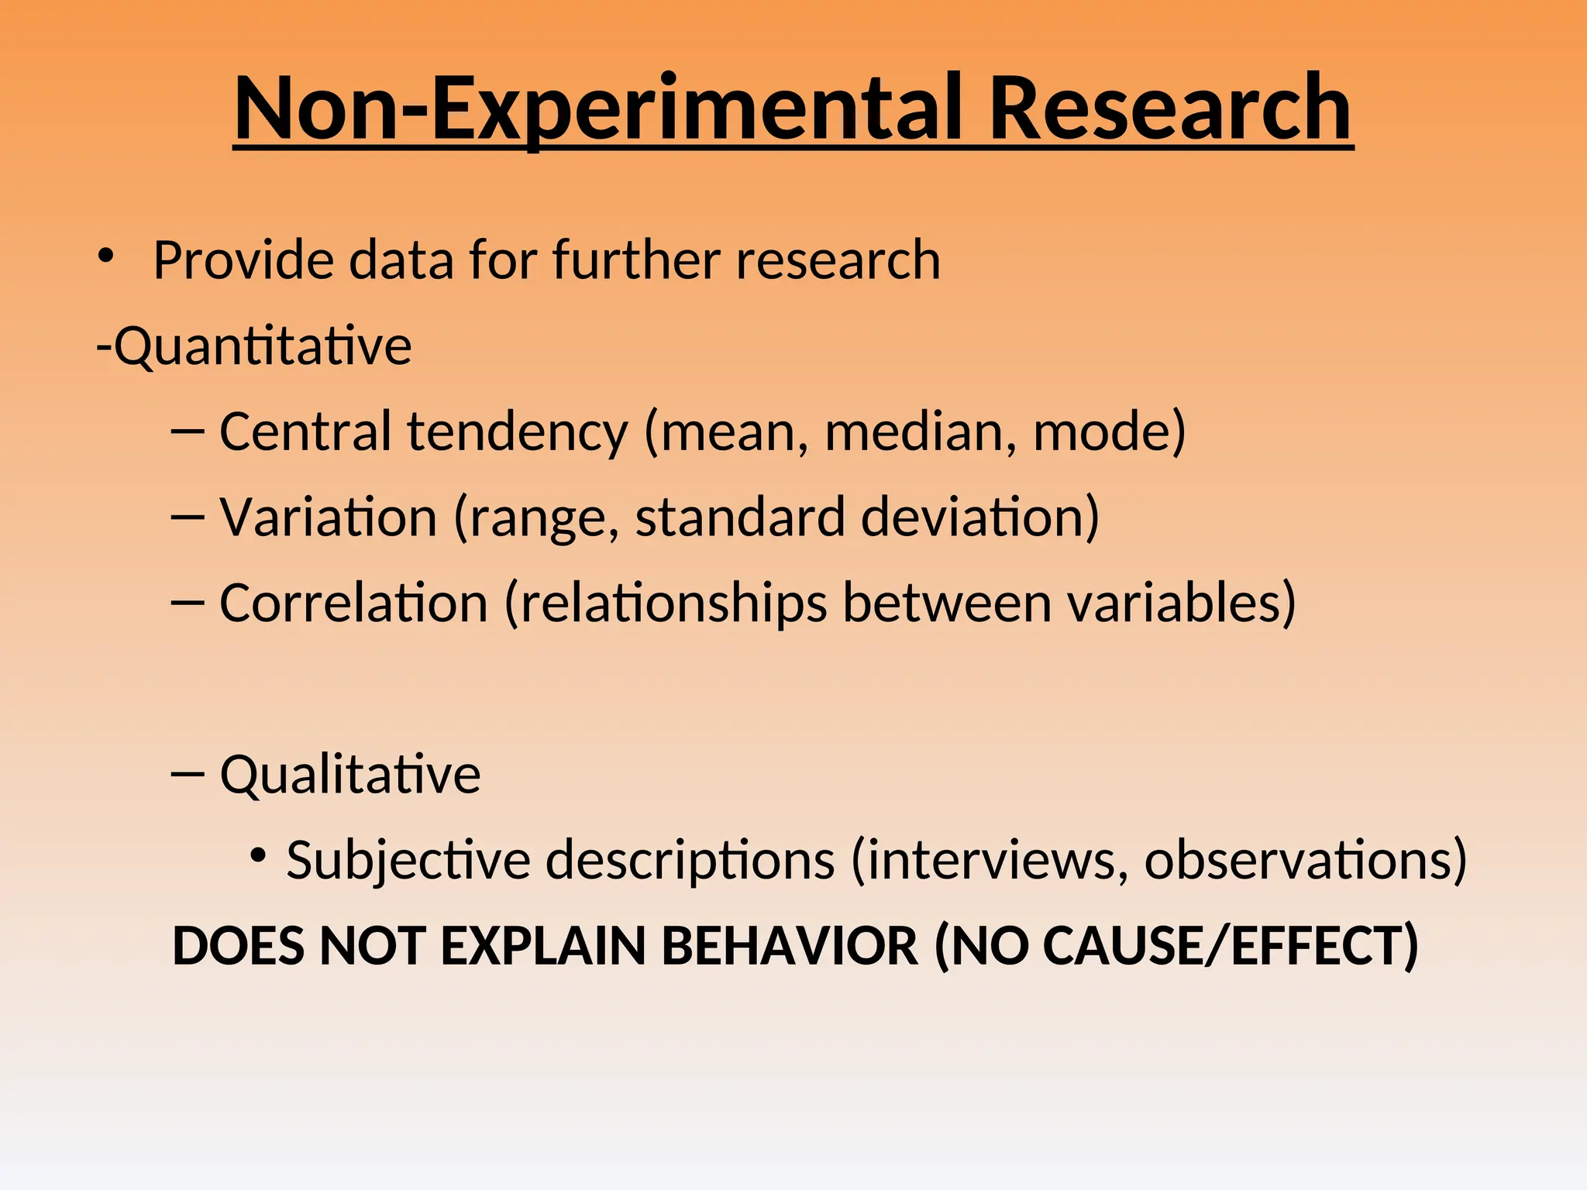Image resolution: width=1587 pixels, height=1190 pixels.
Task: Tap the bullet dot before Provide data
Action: pos(105,256)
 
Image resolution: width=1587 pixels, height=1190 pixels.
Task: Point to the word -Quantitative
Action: pos(254,346)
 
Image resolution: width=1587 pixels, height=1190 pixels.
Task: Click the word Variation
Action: pos(329,518)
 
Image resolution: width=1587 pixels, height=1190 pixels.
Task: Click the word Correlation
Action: pos(353,604)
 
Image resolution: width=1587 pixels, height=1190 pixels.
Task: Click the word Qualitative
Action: pos(350,775)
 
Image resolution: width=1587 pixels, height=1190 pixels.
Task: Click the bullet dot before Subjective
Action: pos(259,855)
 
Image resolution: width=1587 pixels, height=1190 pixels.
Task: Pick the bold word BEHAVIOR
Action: pos(789,946)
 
